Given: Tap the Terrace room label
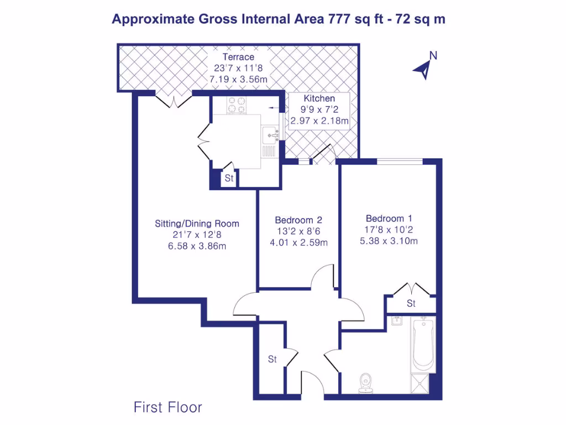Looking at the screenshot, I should click(238, 57).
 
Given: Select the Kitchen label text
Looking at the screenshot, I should click(319, 99).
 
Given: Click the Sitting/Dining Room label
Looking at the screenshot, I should click(197, 224).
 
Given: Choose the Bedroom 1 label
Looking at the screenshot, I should click(389, 218).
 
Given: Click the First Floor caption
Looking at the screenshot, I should click(168, 408).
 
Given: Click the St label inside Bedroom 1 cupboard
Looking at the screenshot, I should click(411, 304).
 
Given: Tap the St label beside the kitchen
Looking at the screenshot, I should click(229, 179).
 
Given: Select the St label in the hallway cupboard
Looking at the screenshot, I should click(272, 359).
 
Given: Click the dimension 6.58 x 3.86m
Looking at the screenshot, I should click(197, 246).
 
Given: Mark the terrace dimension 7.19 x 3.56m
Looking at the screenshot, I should click(238, 80).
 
